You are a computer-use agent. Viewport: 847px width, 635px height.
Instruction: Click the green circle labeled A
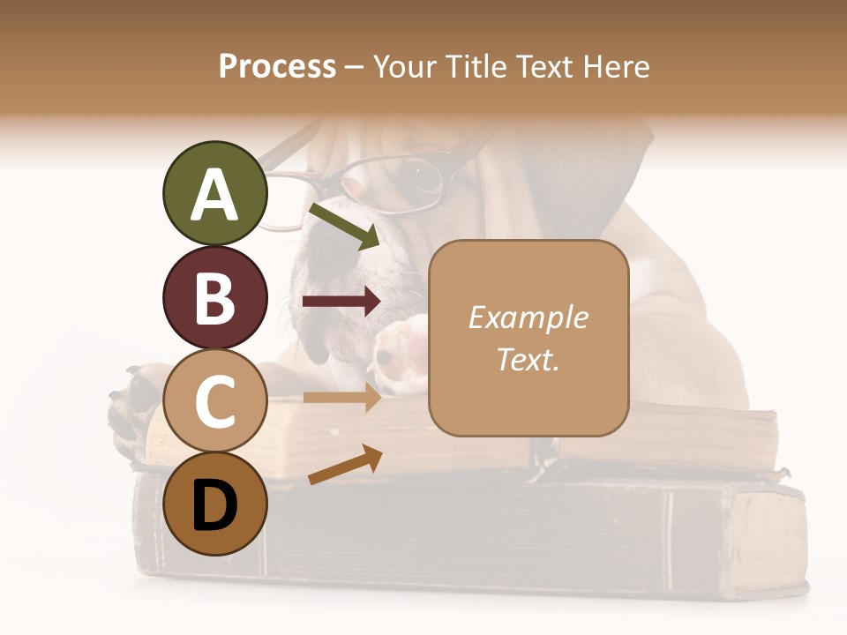click(214, 194)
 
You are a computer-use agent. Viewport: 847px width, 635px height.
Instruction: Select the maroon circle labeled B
click(214, 297)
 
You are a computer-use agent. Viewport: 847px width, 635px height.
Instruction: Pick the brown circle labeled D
click(214, 504)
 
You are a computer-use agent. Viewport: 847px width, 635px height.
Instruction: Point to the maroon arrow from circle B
click(341, 302)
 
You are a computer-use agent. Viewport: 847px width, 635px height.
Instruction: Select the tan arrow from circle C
click(341, 398)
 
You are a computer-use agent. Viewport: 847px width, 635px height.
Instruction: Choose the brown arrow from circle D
click(345, 465)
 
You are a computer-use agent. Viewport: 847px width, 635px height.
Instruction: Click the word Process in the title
click(277, 66)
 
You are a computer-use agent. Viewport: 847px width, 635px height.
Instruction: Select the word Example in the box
click(528, 317)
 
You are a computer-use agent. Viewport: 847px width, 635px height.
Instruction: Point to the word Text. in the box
click(528, 360)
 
